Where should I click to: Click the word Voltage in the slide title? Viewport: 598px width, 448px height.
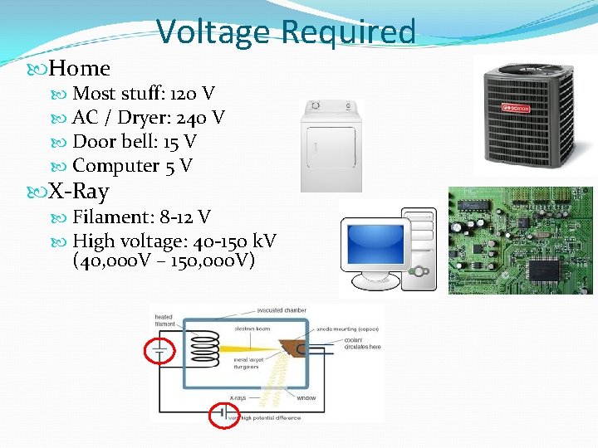click(213, 32)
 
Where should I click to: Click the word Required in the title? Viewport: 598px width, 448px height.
click(348, 32)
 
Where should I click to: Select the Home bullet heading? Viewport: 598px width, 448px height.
click(79, 68)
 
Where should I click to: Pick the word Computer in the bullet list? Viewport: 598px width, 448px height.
click(116, 166)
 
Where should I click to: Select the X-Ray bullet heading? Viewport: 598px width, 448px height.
click(78, 192)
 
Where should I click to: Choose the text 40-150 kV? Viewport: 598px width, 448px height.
click(235, 241)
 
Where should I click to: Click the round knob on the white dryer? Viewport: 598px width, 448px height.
click(313, 107)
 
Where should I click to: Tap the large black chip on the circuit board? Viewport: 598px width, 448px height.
click(544, 269)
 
